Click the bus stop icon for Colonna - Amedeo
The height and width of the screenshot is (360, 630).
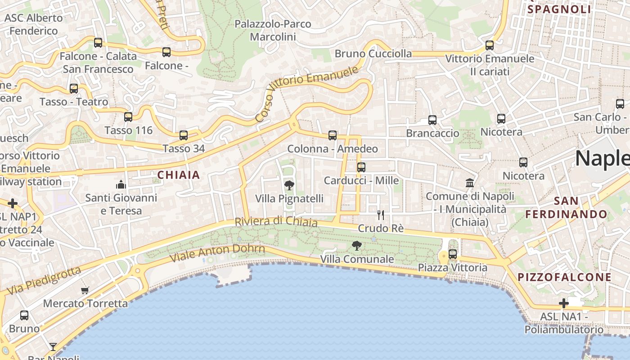[x=333, y=135]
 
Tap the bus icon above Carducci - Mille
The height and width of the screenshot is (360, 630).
[x=361, y=167]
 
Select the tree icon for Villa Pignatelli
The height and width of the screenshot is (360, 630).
[x=289, y=185]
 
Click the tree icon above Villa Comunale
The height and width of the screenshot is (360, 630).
[x=357, y=246]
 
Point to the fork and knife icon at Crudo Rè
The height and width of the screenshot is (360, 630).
[x=381, y=215]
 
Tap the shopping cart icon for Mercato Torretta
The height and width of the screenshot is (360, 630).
[x=85, y=290]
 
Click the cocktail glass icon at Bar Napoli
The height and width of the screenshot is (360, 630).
[x=53, y=346]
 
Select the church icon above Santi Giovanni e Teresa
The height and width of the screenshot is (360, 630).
[x=121, y=184]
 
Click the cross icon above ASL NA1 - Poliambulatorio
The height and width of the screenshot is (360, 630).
[x=563, y=303]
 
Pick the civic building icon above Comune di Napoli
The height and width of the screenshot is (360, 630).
[x=470, y=183]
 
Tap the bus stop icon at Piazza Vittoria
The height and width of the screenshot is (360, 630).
[x=453, y=254]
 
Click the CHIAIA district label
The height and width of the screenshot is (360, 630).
[x=179, y=175]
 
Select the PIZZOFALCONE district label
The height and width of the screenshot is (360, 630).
[x=565, y=277]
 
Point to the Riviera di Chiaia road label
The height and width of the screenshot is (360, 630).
[x=276, y=222]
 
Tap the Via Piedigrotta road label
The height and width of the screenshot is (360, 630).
[x=44, y=280]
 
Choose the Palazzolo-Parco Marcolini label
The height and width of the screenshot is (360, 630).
[x=273, y=30]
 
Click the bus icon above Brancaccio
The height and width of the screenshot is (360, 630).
[x=432, y=120]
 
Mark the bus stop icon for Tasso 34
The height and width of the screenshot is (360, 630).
[x=184, y=135]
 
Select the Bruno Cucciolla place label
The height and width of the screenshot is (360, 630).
[x=373, y=54]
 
